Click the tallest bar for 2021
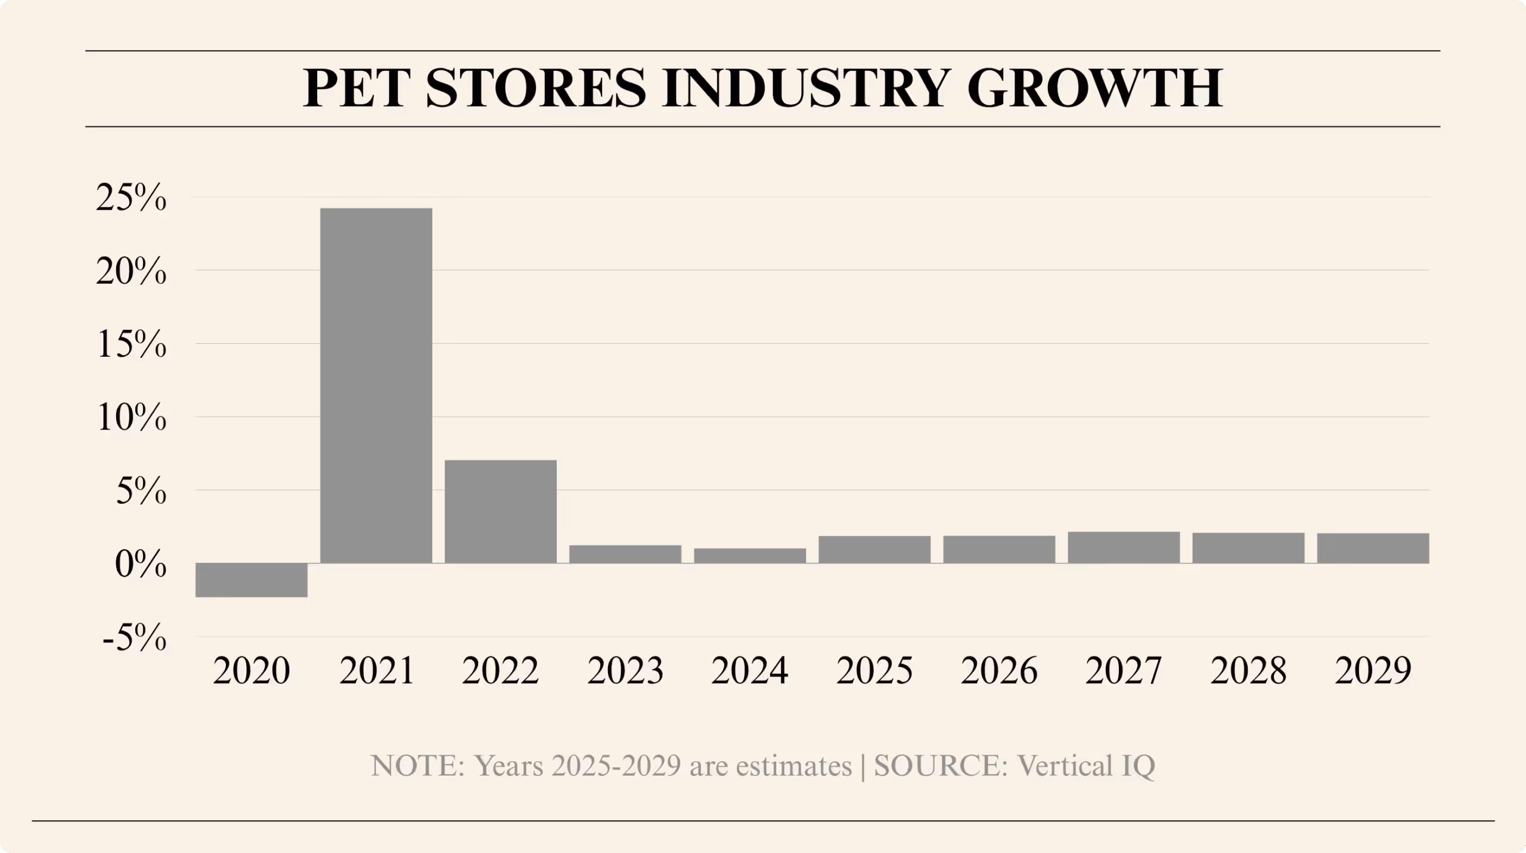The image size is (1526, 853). point(376,385)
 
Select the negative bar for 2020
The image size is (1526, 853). point(251,580)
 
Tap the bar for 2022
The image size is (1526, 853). point(500,511)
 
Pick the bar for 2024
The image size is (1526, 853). point(749,555)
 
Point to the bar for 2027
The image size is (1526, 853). point(1123,547)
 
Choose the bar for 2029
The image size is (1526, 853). point(1372,548)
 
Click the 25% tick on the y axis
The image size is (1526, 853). point(131,198)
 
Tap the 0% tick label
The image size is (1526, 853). point(141,565)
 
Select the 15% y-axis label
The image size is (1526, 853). point(131,345)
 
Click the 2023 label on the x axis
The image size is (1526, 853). point(625,671)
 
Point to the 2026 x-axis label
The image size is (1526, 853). point(998,671)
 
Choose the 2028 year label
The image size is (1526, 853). point(1248,671)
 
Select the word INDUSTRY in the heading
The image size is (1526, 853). point(805,89)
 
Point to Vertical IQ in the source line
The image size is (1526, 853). point(1086,766)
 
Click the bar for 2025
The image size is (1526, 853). point(874,549)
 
